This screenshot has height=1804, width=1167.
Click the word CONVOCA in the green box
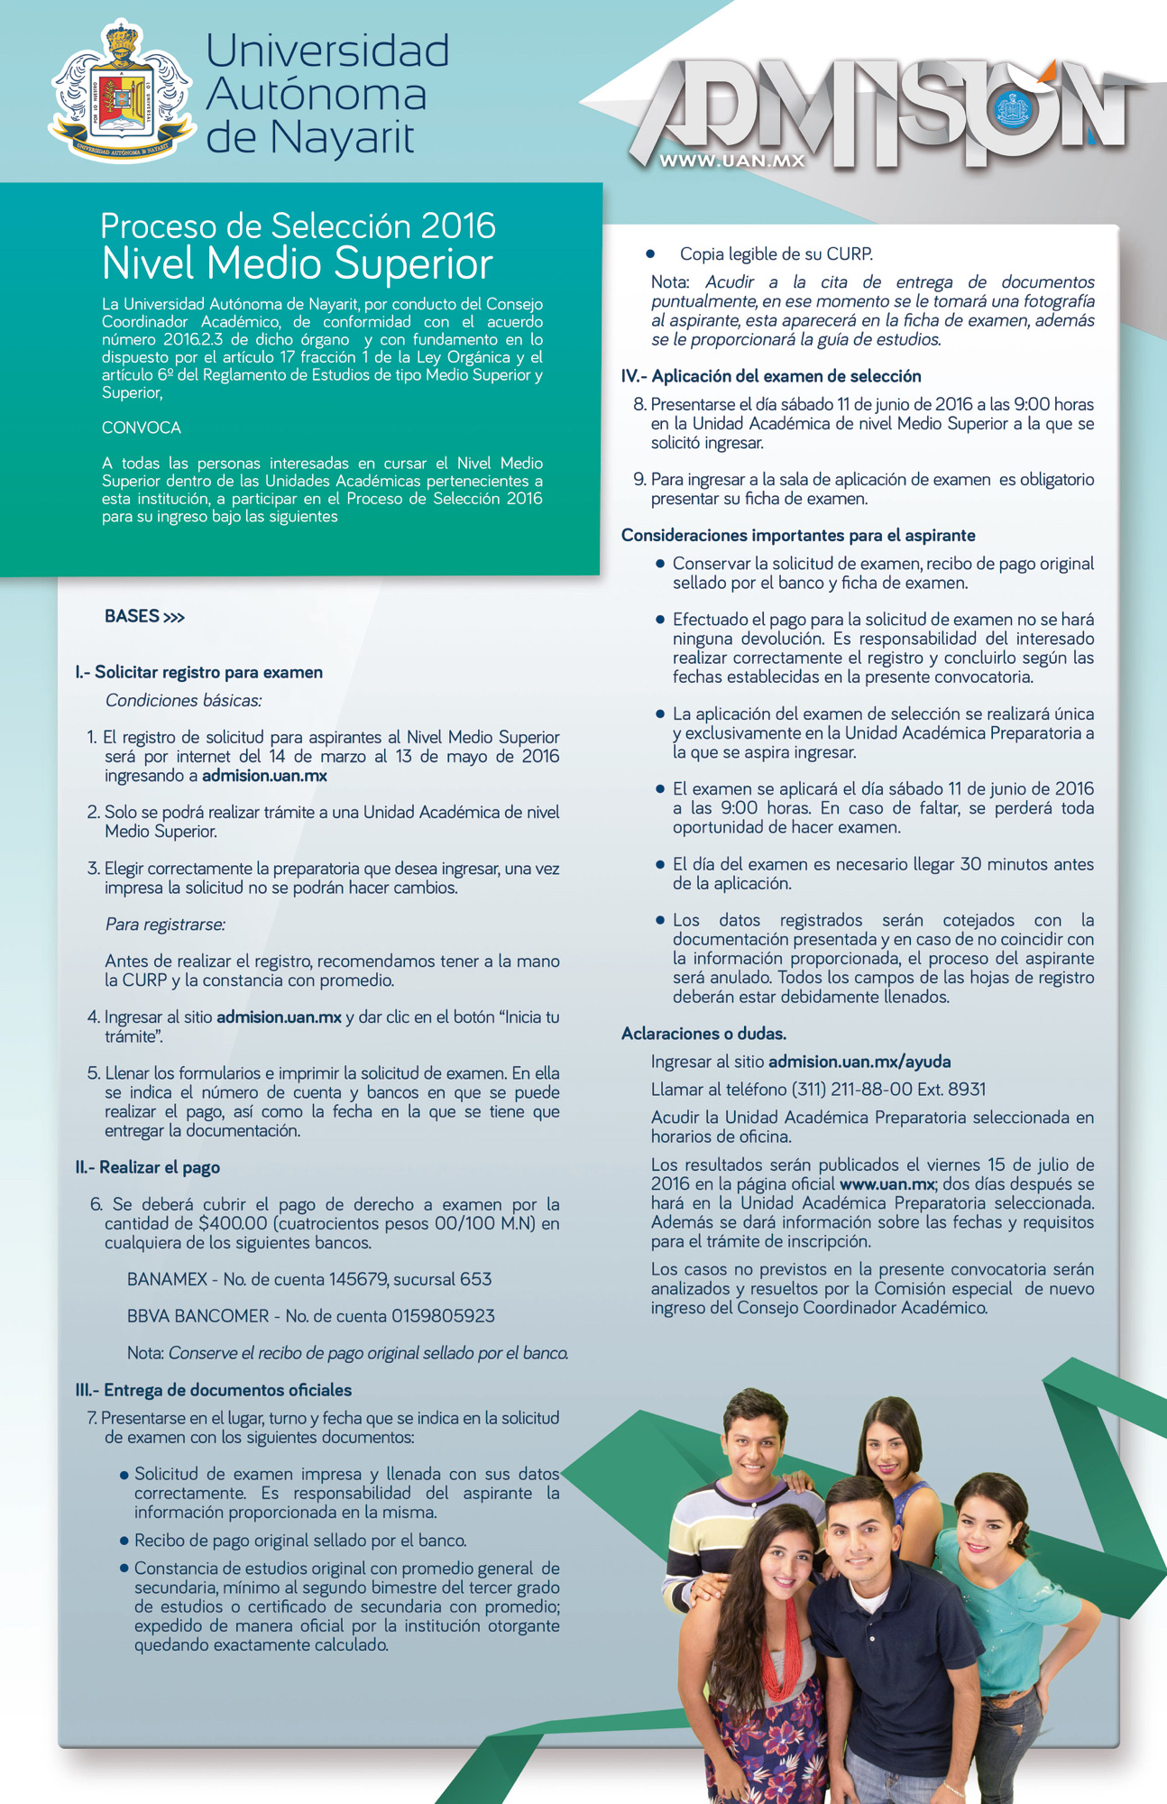(142, 428)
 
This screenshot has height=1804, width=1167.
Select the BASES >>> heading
(144, 616)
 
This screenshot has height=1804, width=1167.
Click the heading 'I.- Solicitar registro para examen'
(199, 672)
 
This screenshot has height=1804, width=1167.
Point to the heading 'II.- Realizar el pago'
(148, 1167)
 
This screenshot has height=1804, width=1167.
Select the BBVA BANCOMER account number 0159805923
(443, 1316)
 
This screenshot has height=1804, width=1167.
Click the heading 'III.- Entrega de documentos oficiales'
(214, 1390)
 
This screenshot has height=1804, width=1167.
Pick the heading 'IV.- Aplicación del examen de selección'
(771, 376)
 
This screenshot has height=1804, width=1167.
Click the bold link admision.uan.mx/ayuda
(859, 1062)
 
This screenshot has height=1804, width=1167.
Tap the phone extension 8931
(966, 1089)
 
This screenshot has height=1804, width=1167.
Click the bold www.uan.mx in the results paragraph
(887, 1184)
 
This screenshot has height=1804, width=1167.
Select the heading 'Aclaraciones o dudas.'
(703, 1034)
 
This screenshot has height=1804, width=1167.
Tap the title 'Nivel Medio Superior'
(298, 264)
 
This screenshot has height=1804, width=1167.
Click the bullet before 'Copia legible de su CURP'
(650, 254)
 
